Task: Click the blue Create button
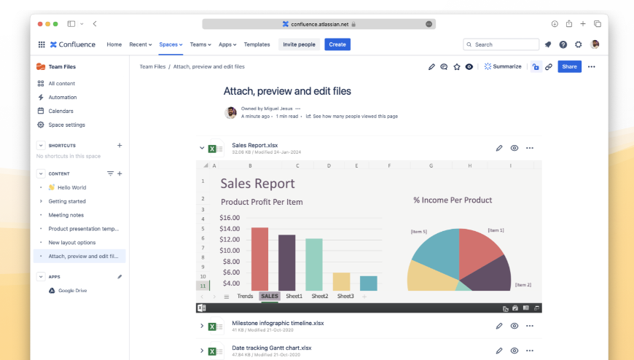pyautogui.click(x=337, y=44)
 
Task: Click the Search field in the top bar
pyautogui.click(x=501, y=44)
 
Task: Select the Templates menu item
pyautogui.click(x=257, y=44)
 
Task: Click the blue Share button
pyautogui.click(x=569, y=66)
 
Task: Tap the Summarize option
pyautogui.click(x=503, y=66)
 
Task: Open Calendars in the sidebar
pyautogui.click(x=60, y=111)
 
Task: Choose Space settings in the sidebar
pyautogui.click(x=66, y=125)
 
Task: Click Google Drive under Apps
pyautogui.click(x=72, y=290)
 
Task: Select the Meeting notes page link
pyautogui.click(x=66, y=215)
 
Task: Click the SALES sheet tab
pyautogui.click(x=269, y=296)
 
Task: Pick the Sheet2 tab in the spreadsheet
pyautogui.click(x=320, y=296)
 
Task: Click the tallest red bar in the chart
pyautogui.click(x=259, y=259)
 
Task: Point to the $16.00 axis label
pyautogui.click(x=230, y=217)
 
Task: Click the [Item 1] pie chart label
pyautogui.click(x=496, y=230)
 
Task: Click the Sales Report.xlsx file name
pyautogui.click(x=254, y=145)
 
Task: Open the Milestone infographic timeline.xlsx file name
pyautogui.click(x=278, y=322)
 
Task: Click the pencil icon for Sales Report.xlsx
pyautogui.click(x=499, y=148)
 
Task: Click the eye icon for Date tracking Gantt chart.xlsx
pyautogui.click(x=514, y=351)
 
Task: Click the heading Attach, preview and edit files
pyautogui.click(x=287, y=91)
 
